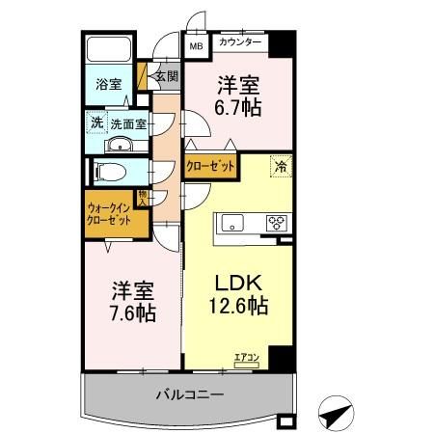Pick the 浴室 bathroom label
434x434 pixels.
108,84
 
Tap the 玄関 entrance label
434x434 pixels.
166,75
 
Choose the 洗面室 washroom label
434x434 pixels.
127,123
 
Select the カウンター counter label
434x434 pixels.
240,43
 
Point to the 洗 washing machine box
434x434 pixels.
95,122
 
